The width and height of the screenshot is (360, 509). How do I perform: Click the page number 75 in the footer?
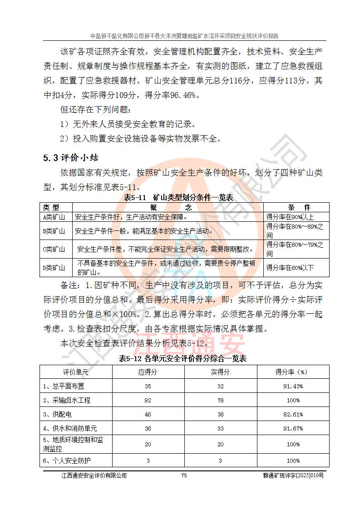(184, 475)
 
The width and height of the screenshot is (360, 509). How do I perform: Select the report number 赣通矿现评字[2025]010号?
(293, 475)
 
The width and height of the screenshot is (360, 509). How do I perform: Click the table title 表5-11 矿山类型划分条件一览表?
(178, 198)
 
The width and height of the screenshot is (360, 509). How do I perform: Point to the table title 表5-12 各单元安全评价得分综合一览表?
(182, 358)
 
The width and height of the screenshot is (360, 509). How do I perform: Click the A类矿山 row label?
(54, 217)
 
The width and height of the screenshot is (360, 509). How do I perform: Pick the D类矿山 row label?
(54, 268)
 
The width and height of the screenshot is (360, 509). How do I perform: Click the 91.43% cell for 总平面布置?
(293, 387)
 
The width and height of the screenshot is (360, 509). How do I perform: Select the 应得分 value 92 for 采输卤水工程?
(148, 401)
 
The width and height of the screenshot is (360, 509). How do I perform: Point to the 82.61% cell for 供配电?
(293, 415)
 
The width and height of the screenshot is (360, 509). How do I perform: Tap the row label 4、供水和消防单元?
(70, 428)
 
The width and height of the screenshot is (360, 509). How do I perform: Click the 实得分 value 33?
(220, 428)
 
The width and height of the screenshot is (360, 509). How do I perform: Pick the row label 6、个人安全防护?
(67, 460)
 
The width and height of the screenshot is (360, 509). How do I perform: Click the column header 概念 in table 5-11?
(168, 207)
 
